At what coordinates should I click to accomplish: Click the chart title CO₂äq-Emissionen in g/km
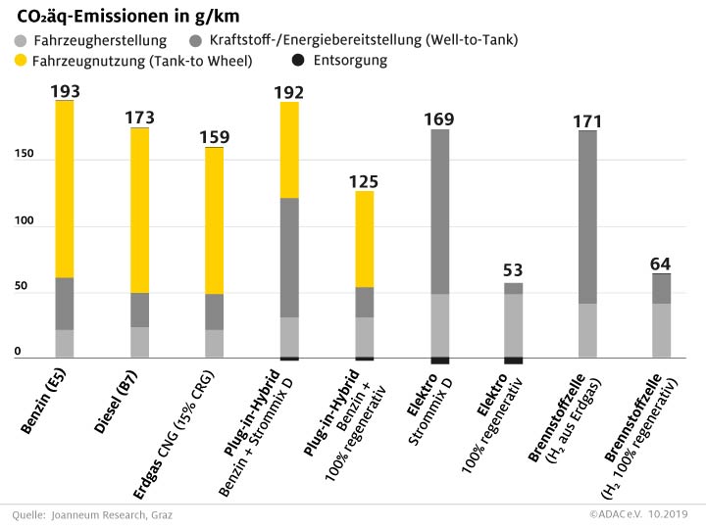point(128,17)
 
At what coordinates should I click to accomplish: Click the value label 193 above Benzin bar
point(65,91)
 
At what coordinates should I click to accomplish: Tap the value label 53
point(514,271)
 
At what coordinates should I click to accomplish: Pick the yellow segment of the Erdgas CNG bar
point(214,219)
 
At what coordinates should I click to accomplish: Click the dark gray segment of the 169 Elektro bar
point(439,211)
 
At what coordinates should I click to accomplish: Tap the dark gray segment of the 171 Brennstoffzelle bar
point(587,216)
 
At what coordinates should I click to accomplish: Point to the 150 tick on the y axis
point(21,155)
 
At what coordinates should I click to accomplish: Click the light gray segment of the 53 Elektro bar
point(514,324)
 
